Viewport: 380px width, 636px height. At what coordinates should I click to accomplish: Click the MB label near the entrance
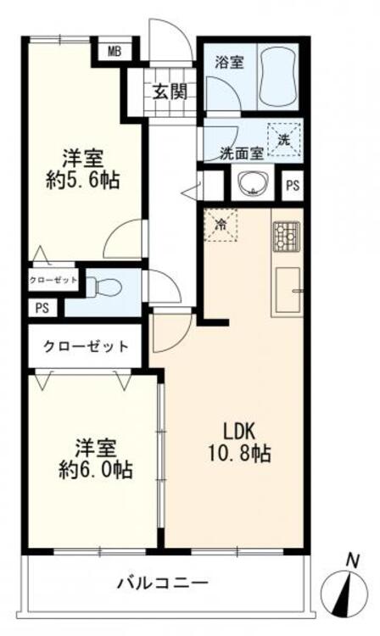tap(114, 51)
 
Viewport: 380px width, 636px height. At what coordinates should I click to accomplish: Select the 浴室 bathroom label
tap(229, 62)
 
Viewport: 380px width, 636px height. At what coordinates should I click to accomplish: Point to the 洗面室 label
tap(239, 154)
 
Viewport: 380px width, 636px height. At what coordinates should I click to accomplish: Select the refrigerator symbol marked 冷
tap(220, 226)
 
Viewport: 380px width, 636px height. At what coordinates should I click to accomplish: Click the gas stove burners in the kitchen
tap(285, 236)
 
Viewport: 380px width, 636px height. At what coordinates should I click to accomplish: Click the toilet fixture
tap(105, 287)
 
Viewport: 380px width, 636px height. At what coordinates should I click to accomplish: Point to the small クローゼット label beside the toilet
tap(53, 279)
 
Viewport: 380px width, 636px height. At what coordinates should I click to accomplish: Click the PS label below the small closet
tap(42, 309)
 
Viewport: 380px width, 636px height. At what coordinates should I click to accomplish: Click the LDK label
tap(236, 428)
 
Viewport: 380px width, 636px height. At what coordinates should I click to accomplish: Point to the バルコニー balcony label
tap(162, 583)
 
